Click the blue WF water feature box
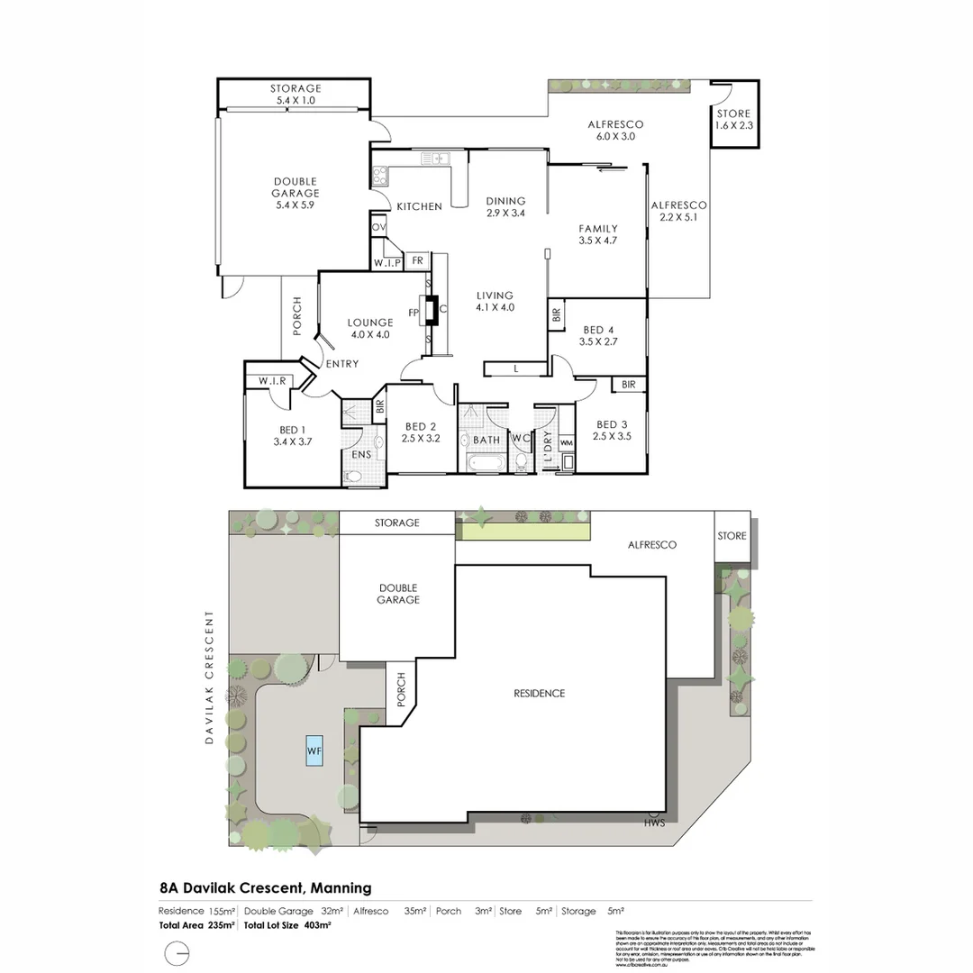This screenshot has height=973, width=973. (314, 750)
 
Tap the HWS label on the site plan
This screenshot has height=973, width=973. (654, 823)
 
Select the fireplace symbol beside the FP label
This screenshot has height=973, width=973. (432, 310)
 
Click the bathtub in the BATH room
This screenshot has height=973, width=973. (486, 465)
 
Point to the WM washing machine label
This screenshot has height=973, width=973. (566, 443)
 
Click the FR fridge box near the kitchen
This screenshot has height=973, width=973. (417, 261)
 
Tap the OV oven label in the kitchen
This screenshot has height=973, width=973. (378, 227)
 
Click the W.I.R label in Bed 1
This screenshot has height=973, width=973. (271, 381)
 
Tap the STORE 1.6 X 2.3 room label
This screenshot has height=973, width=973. (733, 120)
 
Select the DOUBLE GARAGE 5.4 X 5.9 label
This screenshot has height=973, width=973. (296, 193)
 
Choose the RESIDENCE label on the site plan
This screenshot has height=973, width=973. (540, 694)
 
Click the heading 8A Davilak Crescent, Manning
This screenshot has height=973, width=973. (265, 887)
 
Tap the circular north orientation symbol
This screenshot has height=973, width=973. (177, 953)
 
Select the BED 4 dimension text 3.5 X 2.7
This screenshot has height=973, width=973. (598, 342)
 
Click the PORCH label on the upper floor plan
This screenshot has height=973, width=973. (296, 317)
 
